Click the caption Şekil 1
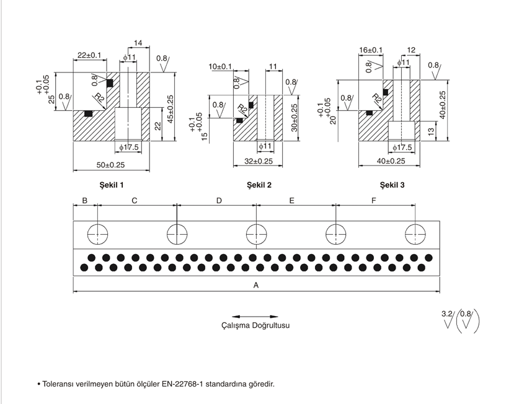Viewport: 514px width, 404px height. tap(112, 185)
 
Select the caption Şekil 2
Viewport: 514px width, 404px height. tap(259, 185)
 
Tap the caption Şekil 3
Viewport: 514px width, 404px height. tap(392, 185)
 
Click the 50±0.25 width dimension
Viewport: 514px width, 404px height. tap(110, 165)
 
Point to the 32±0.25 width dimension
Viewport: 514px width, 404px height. tap(259, 161)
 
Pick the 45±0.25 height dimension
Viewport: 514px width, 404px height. tap(171, 109)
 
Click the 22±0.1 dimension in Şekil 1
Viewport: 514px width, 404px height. tap(89, 55)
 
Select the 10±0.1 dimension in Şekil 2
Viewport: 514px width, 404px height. tap(220, 67)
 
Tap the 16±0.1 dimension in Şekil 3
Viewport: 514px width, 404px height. tap(371, 50)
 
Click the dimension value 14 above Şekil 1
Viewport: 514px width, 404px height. tap(138, 43)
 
